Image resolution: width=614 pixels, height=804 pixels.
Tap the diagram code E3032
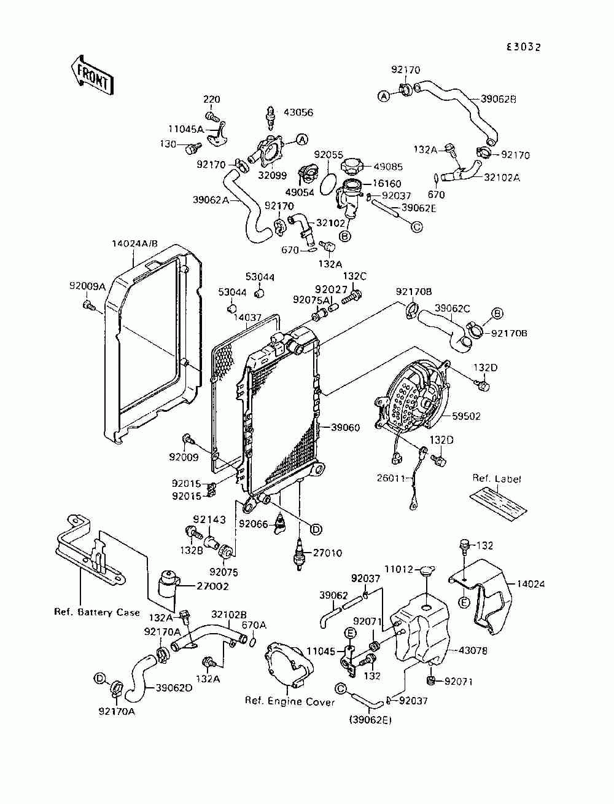(523, 47)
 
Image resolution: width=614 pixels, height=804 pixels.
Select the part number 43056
(298, 112)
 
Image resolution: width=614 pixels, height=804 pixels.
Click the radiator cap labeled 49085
(352, 167)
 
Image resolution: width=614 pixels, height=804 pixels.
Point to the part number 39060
(345, 427)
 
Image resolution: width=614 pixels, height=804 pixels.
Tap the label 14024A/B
(135, 243)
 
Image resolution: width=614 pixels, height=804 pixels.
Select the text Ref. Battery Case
(97, 612)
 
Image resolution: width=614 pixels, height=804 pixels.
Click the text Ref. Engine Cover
(290, 701)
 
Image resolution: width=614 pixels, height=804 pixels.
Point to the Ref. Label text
(497, 478)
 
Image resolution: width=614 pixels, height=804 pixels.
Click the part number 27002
(212, 586)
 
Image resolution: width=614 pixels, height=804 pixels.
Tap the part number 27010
(327, 553)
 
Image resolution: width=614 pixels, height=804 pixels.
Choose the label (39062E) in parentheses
(370, 720)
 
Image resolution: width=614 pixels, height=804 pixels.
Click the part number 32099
(272, 175)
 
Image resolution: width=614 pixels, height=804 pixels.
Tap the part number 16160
(387, 183)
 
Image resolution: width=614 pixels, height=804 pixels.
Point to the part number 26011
(392, 478)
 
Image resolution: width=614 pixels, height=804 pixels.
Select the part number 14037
(247, 317)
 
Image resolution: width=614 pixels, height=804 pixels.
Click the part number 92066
(253, 524)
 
